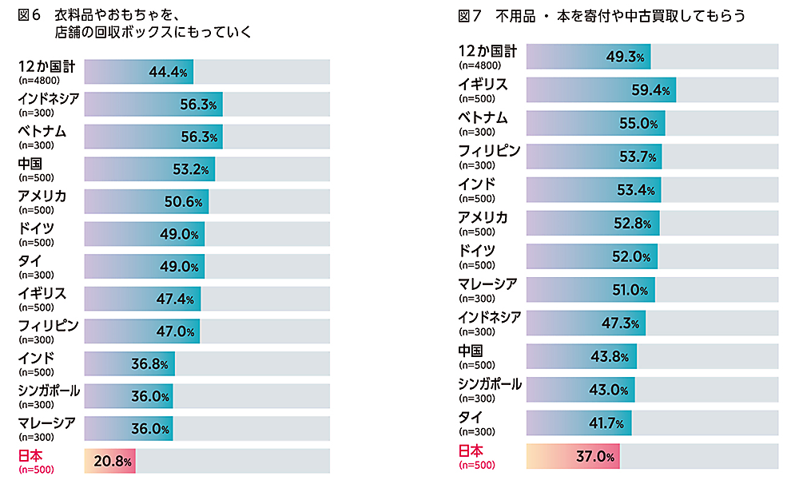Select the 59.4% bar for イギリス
coord(601,90)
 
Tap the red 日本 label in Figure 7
coord(471,450)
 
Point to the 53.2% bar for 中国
coord(149,169)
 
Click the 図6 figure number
coord(29,14)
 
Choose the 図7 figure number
coord(471,15)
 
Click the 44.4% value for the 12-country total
coord(169,72)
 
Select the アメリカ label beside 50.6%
coord(42,196)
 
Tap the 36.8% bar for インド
coord(129,364)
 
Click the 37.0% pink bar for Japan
coord(573,457)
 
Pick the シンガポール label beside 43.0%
coord(490,384)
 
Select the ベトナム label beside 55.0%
coord(483,117)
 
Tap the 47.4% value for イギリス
coord(176,300)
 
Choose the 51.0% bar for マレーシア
coord(590,290)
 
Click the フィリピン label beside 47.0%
coord(49,326)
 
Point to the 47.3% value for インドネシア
coord(620,323)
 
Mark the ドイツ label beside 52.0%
coord(477,251)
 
